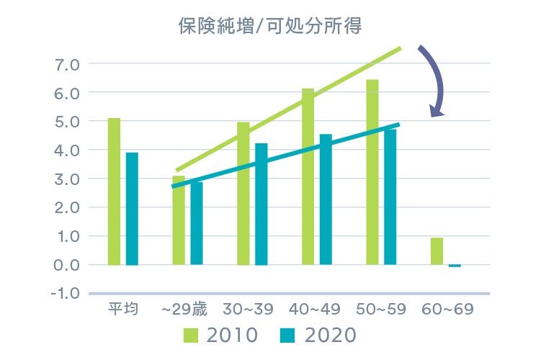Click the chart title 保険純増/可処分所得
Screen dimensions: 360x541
pyautogui.click(x=269, y=27)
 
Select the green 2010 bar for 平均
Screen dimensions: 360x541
pyautogui.click(x=114, y=192)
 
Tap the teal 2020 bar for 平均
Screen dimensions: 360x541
pyautogui.click(x=132, y=209)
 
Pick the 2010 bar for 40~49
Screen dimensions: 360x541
pyautogui.click(x=308, y=176)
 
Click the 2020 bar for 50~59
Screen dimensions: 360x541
pyautogui.click(x=390, y=197)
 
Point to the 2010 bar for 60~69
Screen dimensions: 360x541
pyautogui.click(x=437, y=251)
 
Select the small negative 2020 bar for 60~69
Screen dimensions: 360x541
pyautogui.click(x=455, y=266)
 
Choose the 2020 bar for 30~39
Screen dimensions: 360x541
pyautogui.click(x=261, y=204)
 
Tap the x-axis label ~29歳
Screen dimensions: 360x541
pyautogui.click(x=184, y=310)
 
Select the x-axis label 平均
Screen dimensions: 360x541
pyautogui.click(x=120, y=310)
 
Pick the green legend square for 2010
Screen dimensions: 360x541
pyautogui.click(x=192, y=336)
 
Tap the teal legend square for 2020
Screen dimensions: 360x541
pyautogui.click(x=287, y=336)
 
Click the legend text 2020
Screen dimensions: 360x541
pyautogui.click(x=331, y=336)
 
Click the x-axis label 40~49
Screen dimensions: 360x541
pyautogui.click(x=314, y=310)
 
